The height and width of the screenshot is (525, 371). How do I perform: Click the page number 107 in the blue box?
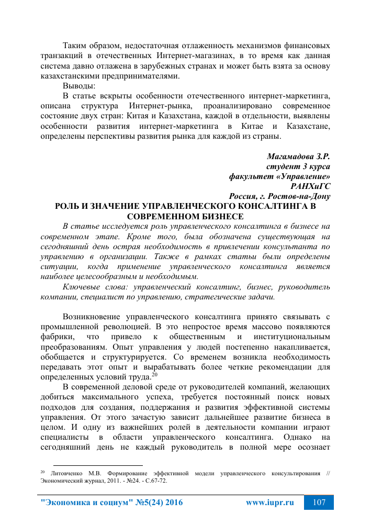tap(319, 502)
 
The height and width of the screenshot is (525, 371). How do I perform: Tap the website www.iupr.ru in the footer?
tap(269, 502)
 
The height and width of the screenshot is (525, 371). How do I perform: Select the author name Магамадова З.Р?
tap(298, 157)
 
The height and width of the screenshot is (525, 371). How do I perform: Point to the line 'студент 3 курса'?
tap(298, 166)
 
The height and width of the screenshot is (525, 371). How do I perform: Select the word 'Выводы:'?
tap(79, 85)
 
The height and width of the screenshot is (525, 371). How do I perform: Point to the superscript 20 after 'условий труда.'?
tap(155, 374)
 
